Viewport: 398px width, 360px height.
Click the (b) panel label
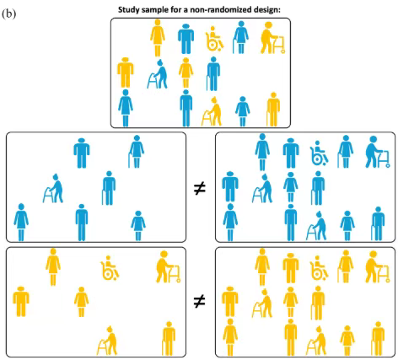click(9, 13)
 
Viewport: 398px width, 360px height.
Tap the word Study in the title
click(128, 10)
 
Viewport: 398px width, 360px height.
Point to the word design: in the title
click(266, 10)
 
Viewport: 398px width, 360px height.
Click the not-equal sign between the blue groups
click(200, 189)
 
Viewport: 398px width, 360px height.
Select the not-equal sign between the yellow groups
click(200, 302)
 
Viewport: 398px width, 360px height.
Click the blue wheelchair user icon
click(319, 153)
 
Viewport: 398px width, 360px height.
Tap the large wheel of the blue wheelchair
click(317, 159)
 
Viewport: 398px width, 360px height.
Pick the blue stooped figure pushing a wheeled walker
click(378, 152)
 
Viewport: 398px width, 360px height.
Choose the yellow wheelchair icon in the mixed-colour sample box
click(214, 39)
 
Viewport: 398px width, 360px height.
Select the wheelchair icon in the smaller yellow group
click(110, 268)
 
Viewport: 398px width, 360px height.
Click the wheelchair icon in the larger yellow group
click(319, 268)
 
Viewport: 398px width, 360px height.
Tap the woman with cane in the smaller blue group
click(137, 152)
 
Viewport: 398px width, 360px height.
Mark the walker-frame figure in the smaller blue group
click(53, 188)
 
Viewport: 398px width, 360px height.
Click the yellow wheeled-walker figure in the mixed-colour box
click(272, 38)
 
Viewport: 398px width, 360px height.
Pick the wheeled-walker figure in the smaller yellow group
click(169, 266)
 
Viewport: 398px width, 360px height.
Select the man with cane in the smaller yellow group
click(169, 338)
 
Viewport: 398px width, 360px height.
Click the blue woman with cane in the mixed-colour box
click(240, 37)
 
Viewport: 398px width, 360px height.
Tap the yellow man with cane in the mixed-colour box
click(273, 110)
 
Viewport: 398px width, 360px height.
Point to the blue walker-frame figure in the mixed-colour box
click(157, 74)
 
